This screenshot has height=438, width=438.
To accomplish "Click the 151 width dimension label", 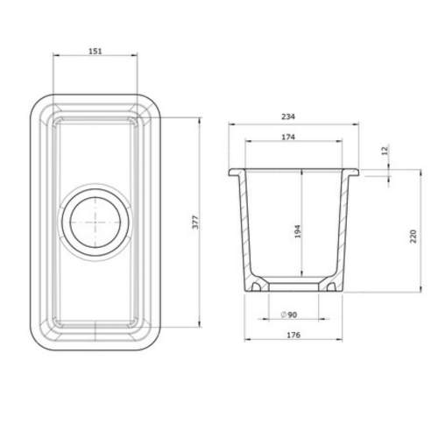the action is pos(95,51).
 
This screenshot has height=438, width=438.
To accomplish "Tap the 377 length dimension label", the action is pos(195,223).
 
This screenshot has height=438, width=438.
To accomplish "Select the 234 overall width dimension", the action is pos(288,117).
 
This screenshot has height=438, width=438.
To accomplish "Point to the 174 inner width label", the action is pos(288,137).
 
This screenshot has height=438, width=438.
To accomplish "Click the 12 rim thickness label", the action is pos(385,151).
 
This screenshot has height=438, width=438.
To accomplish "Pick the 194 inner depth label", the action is pos(298,231).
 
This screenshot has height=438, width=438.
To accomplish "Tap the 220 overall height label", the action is pos(413,237).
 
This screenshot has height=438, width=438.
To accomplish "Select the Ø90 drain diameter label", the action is pos(289,314).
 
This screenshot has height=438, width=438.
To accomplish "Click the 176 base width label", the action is pos(293,335).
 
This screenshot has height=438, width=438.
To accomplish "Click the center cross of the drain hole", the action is pos(95,223).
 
